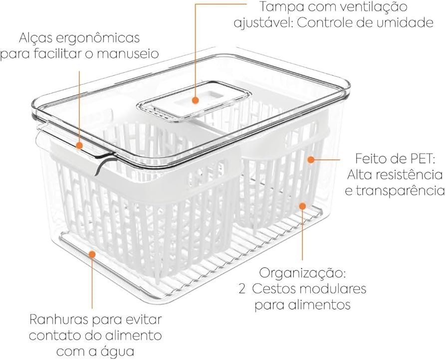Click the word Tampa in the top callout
click(x=280, y=7)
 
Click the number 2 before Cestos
click(x=242, y=289)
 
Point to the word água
click(x=117, y=352)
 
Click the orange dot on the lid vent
click(x=195, y=100)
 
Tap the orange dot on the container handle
click(x=79, y=146)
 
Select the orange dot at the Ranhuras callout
click(x=92, y=254)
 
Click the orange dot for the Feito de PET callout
click(x=311, y=160)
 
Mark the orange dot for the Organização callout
click(x=303, y=206)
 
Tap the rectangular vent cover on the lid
click(x=194, y=100)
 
